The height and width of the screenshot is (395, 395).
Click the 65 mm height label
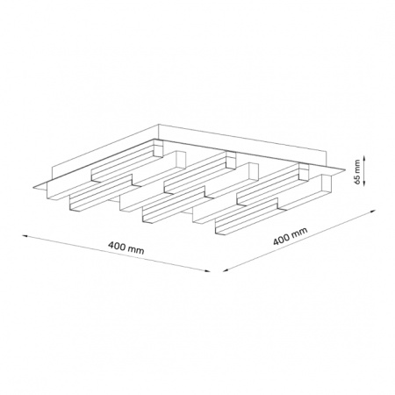click(356, 171)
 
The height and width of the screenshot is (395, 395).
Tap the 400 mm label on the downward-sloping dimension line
click(126, 248)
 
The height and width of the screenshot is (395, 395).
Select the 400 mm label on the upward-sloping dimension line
click(291, 236)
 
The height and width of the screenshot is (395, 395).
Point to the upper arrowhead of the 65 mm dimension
click(363, 158)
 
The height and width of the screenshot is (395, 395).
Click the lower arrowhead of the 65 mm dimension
click(363, 183)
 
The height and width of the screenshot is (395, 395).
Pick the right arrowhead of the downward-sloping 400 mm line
click(207, 271)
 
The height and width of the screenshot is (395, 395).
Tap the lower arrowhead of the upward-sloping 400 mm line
click(226, 270)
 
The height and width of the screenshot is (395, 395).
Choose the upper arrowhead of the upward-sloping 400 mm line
click(372, 211)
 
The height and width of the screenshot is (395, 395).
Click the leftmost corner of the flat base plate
click(33, 188)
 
